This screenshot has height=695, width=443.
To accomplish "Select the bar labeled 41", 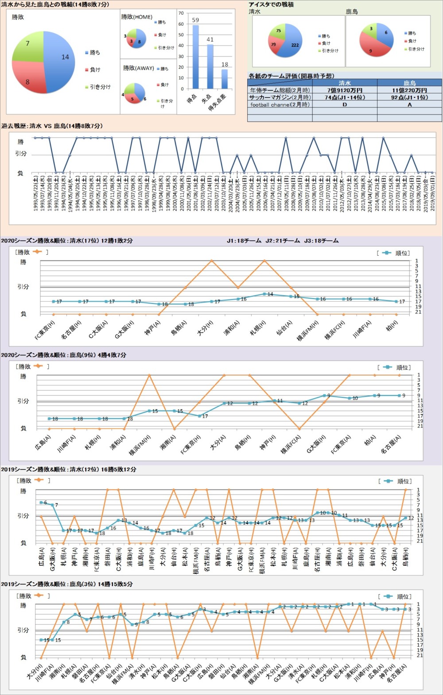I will [210, 66].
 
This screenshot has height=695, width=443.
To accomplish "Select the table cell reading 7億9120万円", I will [345, 90].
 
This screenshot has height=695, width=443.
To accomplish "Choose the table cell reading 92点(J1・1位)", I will [409, 97].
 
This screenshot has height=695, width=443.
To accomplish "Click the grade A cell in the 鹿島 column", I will [409, 105].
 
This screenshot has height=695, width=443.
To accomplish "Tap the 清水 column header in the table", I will [345, 83].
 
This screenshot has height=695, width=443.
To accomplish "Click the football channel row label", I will [280, 105].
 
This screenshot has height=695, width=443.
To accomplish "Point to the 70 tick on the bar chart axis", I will [181, 13].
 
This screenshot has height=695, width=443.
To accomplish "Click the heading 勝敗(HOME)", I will [137, 17].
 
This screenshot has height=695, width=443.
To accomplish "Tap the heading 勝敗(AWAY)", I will [139, 68].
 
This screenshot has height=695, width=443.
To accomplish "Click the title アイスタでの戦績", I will [271, 4].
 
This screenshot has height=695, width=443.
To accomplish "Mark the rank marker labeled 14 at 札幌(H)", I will [264, 294].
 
